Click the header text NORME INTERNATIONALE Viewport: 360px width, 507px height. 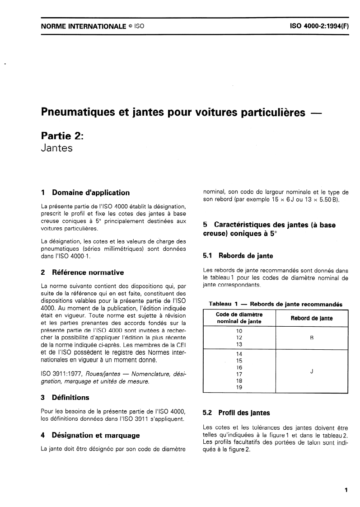pos(83,27)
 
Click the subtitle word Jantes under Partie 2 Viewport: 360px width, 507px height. pos(57,148)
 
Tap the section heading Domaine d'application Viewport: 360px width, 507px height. pos(91,192)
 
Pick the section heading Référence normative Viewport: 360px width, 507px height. pos(88,272)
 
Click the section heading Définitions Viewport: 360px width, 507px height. pos(71,398)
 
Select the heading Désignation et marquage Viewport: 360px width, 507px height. pos(96,436)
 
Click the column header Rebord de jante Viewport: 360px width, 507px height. pos(312,318)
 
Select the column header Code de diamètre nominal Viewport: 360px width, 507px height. pos(239,318)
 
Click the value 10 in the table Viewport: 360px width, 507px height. pos(239,331)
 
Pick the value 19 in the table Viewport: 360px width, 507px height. pos(239,387)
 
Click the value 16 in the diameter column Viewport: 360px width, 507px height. pos(239,367)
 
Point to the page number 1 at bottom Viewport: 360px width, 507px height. pos(346,489)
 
